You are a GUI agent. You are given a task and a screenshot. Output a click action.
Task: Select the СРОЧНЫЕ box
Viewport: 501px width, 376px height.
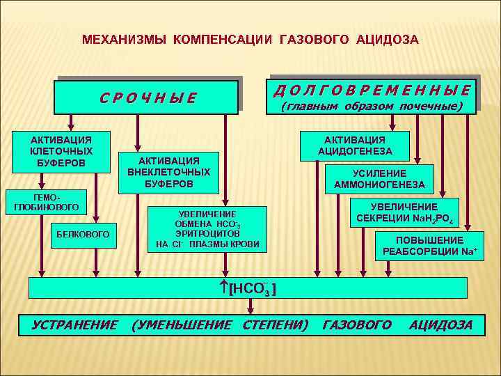point(148,97)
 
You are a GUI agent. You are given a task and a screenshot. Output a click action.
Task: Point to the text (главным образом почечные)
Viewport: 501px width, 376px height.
point(372,107)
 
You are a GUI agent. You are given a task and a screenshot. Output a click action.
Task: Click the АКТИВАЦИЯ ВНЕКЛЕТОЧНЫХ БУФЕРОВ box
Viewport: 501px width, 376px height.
point(168,172)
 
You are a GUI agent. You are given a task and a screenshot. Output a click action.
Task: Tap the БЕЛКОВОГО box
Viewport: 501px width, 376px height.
point(83,235)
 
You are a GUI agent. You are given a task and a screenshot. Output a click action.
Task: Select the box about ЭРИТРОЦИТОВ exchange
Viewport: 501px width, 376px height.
point(207,229)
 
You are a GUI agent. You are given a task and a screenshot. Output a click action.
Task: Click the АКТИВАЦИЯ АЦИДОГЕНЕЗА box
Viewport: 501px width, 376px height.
point(354,146)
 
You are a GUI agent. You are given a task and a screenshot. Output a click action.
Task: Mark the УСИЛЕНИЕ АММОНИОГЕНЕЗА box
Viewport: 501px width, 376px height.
point(379,179)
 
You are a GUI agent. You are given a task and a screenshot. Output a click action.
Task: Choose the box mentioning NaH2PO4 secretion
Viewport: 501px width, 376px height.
point(404,212)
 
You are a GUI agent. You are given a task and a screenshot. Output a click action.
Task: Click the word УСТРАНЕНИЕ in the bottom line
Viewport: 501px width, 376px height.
point(75,325)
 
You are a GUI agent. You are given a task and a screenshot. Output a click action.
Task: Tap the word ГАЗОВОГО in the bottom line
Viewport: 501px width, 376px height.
point(357,325)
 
